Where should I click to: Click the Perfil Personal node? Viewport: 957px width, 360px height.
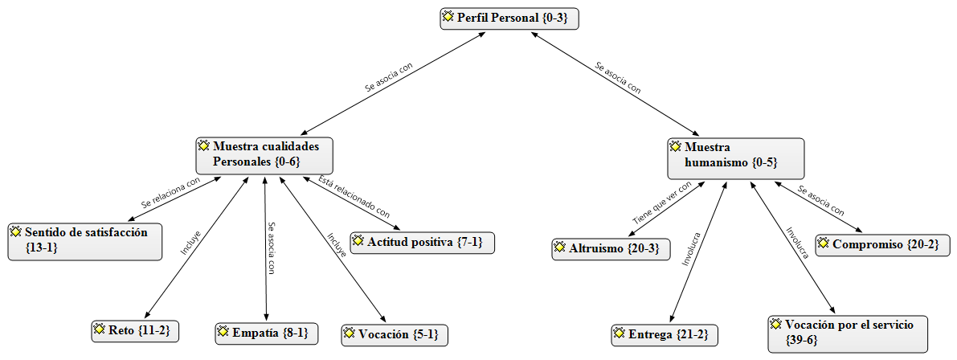(509, 18)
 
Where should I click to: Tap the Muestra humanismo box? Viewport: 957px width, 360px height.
(735, 157)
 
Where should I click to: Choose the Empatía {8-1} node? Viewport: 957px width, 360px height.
(268, 332)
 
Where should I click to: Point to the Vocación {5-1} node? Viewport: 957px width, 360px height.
(394, 334)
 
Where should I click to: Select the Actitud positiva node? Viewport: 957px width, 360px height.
(422, 242)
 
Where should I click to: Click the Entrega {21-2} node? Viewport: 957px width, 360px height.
(665, 334)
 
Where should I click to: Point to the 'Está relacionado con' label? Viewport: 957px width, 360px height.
(354, 198)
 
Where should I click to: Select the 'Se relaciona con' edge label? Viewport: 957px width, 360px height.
(170, 193)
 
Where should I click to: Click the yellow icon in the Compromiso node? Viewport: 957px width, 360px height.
(823, 243)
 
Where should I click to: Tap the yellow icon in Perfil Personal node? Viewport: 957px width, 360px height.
(448, 17)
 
